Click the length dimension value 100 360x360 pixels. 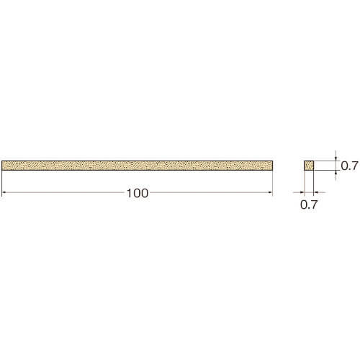tap(138, 193)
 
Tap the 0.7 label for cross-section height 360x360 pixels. tap(350, 166)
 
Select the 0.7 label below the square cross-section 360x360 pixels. tap(309, 204)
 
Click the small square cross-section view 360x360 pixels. tap(309, 166)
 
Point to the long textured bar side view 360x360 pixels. tap(138, 166)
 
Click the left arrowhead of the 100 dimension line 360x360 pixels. tap(4, 192)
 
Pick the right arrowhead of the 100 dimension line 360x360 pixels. tap(271, 192)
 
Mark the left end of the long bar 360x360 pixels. tap(1, 166)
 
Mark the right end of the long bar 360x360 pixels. tap(273, 166)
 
